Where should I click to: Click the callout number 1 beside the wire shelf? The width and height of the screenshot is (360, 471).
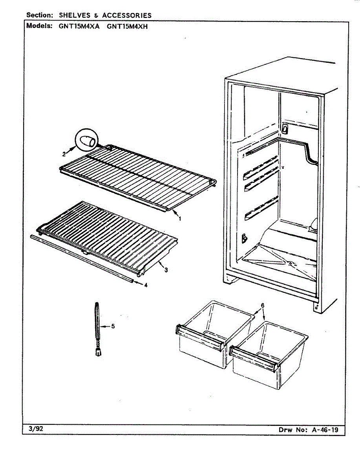[180, 219]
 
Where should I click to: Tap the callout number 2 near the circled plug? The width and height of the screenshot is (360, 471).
[64, 153]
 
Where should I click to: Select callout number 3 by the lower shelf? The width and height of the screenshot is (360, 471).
[166, 270]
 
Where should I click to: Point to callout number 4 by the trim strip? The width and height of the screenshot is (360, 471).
[146, 285]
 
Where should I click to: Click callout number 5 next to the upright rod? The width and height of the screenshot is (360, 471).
[113, 326]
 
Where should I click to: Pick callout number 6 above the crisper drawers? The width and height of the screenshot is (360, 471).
[262, 305]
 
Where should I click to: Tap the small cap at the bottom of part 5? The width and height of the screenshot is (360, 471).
[98, 352]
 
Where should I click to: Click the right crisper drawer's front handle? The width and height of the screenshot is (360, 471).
[256, 358]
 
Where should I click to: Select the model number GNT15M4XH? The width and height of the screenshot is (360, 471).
[128, 27]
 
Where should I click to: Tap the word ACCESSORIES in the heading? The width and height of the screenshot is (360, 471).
[127, 15]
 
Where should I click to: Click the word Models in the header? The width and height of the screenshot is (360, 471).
[39, 27]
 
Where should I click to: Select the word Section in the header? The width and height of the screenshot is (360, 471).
[39, 15]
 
